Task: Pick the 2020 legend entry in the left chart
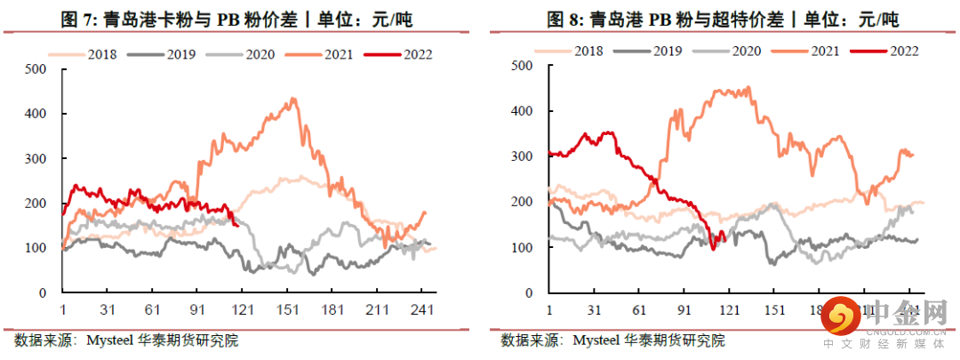[x=255, y=53]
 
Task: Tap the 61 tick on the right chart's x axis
[x=638, y=310]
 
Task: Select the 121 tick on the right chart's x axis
[x=729, y=310]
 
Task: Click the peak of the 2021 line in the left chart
[x=293, y=99]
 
